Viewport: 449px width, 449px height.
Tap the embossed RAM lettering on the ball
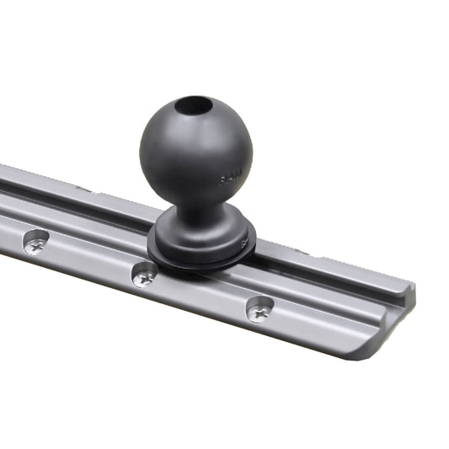229,178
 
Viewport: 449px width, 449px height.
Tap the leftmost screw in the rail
35,245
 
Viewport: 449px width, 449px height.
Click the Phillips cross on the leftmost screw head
35,246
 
